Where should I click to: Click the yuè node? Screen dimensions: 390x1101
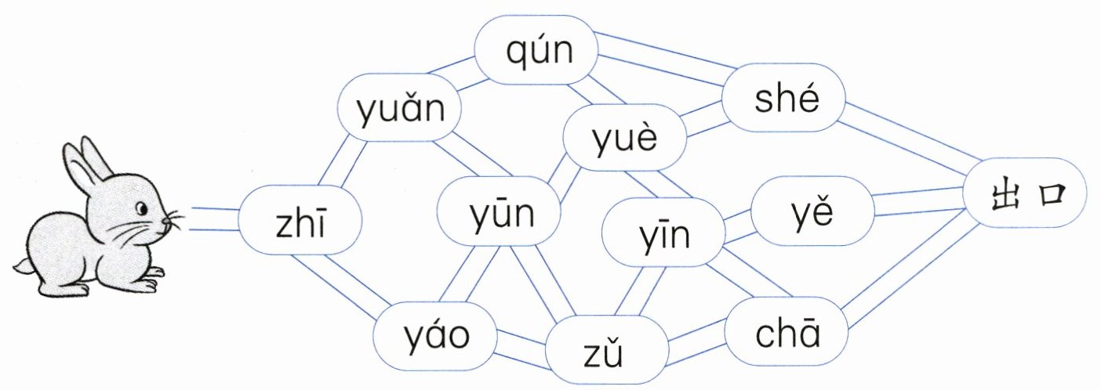(625, 139)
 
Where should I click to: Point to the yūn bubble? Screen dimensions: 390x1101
(500, 211)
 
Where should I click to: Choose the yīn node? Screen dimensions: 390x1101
(663, 232)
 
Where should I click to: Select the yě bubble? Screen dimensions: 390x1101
(812, 210)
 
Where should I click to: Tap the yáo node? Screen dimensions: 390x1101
(436, 336)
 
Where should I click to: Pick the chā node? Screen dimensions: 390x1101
(786, 334)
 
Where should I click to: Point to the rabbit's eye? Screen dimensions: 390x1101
(142, 208)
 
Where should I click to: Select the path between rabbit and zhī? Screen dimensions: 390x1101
(213, 218)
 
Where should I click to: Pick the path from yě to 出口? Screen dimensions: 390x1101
(917, 201)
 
